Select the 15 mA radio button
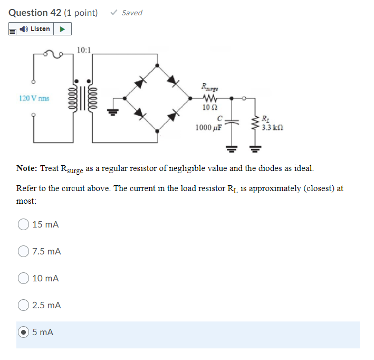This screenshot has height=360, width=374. tap(24, 224)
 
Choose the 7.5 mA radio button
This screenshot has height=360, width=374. tap(24, 252)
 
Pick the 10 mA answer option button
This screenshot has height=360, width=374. tap(24, 278)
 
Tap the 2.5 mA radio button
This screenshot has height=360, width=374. tap(24, 305)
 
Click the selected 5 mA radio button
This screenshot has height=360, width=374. tap(24, 333)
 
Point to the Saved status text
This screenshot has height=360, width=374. tap(131, 13)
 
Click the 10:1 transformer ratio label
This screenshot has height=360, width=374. tap(83, 50)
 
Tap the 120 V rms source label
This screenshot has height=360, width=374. tap(33, 98)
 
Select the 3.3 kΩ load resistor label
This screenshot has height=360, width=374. tap(273, 127)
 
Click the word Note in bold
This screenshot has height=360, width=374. tap(26, 168)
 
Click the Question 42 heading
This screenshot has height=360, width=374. tap(34, 13)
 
